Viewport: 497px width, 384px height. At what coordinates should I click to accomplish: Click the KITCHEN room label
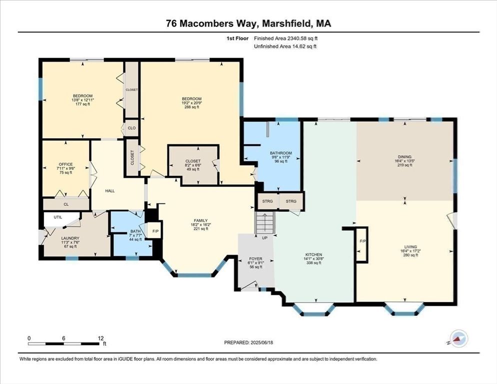point(314,254)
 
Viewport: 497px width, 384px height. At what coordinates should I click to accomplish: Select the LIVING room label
point(410,246)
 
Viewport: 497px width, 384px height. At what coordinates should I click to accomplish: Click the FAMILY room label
point(201,220)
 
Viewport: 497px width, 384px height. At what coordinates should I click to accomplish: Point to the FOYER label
point(255,259)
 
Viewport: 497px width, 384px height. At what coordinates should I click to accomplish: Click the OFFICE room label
point(65,164)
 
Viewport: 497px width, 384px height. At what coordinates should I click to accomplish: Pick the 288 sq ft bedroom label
point(191,98)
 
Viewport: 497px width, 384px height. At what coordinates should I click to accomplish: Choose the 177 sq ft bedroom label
point(82,96)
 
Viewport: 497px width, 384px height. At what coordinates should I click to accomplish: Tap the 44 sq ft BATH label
point(135,231)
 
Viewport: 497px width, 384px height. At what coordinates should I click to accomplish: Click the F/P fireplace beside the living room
point(362,241)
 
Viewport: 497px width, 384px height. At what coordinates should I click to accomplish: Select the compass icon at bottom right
point(458,339)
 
